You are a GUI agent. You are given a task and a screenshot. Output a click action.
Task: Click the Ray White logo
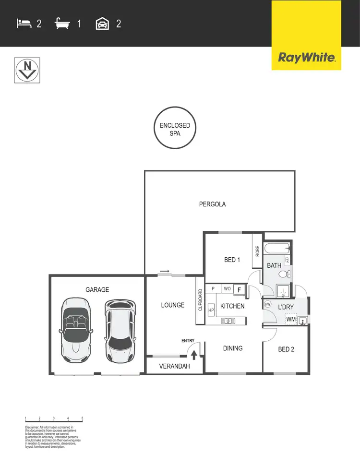coord(306,58)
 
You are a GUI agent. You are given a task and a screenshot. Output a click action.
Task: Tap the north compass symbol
coord(27,70)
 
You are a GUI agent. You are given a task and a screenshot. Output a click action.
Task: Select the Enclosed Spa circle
coord(175,129)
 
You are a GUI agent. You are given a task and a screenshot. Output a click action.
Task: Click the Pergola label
coord(212,204)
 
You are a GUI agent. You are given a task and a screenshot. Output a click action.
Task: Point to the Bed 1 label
coord(232,260)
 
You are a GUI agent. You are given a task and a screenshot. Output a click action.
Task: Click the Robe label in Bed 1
coord(257,251)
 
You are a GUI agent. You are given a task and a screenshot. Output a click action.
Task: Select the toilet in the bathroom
coord(284,274)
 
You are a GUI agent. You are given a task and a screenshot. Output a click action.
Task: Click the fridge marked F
coord(240,289)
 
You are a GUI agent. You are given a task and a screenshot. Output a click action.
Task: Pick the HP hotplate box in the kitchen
coord(211,311)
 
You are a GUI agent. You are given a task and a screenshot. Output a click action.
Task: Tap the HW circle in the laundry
coord(268,304)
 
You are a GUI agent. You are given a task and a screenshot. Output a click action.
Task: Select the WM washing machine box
coord(291,319)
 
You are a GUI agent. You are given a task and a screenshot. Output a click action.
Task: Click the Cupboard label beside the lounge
coord(200,300)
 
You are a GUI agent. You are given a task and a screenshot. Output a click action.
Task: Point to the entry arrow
coord(194,355)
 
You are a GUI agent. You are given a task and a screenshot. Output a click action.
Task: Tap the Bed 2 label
coord(286,349)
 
